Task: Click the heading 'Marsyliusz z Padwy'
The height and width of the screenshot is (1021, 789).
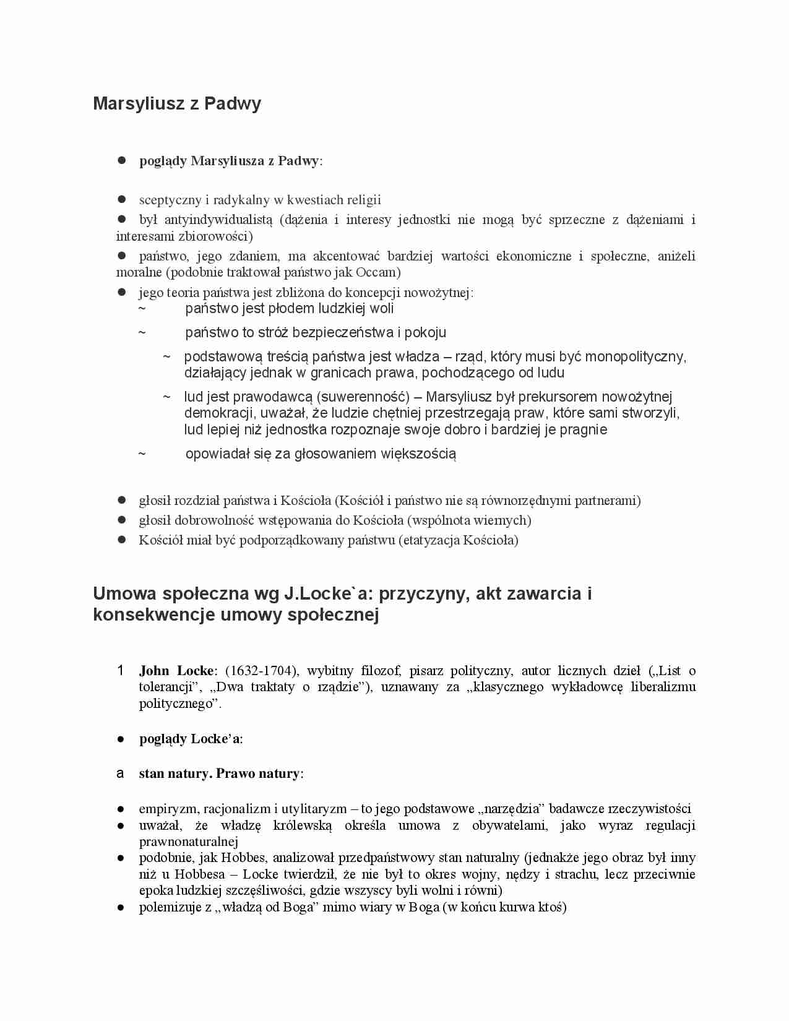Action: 177,103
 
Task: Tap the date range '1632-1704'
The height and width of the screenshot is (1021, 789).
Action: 259,671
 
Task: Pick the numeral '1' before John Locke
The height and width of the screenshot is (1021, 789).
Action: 121,670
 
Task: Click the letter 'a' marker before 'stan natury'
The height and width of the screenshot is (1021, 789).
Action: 120,773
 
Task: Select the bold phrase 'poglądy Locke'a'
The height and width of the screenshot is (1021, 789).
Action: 190,739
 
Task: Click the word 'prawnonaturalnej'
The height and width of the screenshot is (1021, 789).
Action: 189,842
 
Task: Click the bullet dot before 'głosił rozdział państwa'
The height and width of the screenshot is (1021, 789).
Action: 122,500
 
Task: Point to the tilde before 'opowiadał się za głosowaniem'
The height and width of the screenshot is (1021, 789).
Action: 142,454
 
